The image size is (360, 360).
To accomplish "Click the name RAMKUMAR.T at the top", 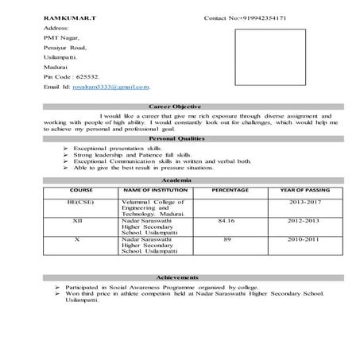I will coord(68,17).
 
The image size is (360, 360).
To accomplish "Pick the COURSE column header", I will coord(81,192).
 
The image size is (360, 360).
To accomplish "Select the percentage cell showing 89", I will coord(227,238).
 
